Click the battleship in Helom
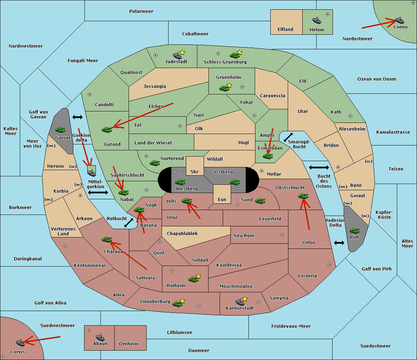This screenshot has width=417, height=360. (317, 20)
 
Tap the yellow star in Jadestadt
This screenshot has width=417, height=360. (182, 52)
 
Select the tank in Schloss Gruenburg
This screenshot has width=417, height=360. (235, 55)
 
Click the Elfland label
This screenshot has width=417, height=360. (285, 30)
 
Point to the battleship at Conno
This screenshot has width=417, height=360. (400, 20)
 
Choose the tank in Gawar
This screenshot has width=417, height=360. (60, 130)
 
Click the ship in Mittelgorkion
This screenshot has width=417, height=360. (91, 172)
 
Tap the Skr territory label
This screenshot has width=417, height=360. (195, 172)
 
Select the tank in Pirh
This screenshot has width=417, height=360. (354, 231)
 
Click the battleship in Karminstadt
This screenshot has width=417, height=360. (240, 302)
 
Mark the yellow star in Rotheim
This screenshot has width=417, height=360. (198, 276)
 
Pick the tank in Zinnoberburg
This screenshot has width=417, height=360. (178, 304)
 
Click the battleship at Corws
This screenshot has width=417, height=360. (20, 343)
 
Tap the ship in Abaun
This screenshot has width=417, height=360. (100, 337)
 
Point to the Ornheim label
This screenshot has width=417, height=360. (129, 344)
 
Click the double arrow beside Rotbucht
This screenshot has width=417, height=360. (129, 223)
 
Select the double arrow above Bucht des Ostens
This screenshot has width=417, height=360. (319, 168)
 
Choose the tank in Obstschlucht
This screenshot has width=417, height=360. (303, 196)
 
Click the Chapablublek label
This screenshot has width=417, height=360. (182, 234)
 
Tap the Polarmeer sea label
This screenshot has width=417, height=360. (141, 11)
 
